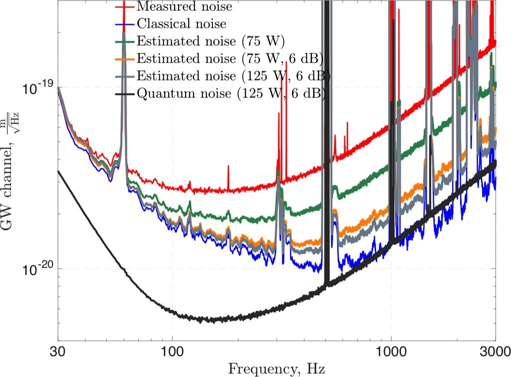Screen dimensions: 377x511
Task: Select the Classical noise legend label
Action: point(182,23)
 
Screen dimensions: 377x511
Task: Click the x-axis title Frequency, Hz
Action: point(277,369)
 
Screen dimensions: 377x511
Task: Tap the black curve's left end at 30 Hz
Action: point(58,171)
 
